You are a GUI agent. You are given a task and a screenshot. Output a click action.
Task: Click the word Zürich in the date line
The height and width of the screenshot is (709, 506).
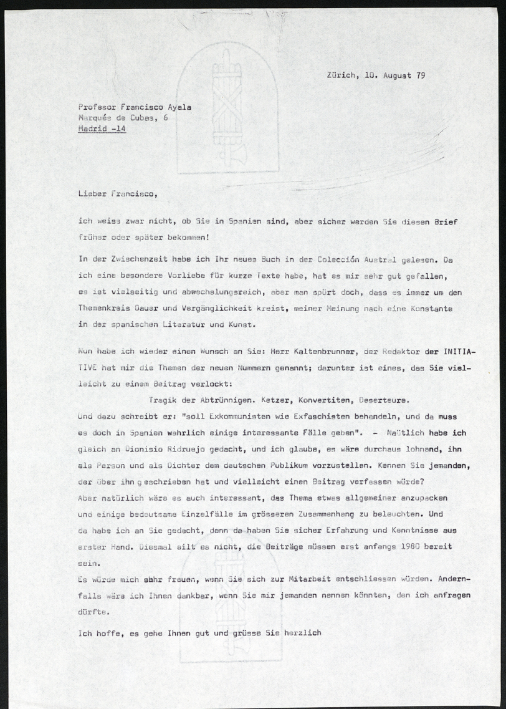point(341,75)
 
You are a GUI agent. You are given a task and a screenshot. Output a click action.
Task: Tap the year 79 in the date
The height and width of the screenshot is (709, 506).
point(419,75)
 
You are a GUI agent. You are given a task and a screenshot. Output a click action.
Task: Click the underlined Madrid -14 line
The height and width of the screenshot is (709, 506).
point(102,129)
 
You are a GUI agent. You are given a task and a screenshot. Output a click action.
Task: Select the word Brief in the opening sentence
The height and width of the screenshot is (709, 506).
point(452,222)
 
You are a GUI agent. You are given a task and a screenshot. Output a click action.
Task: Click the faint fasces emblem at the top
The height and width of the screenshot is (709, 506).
point(226,112)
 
